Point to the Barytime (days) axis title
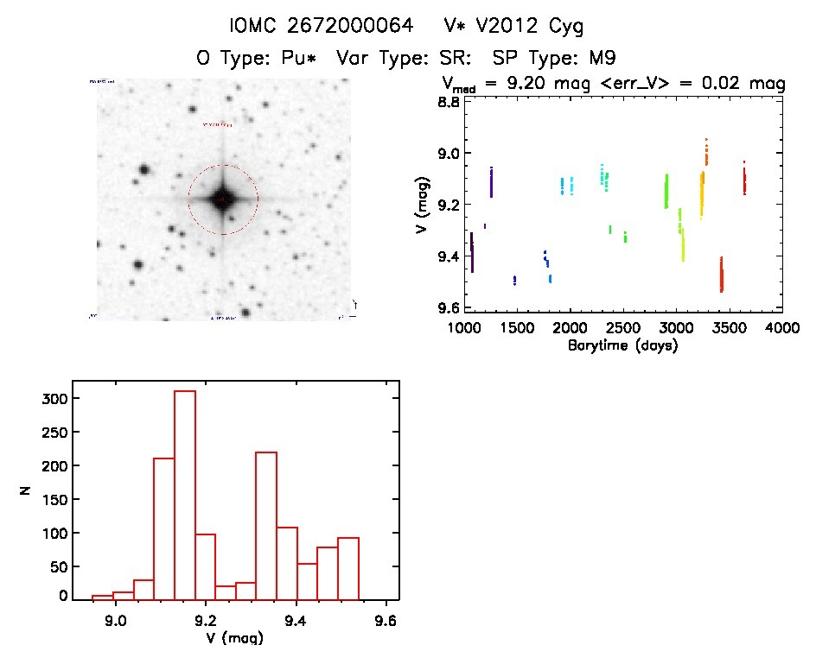(622, 345)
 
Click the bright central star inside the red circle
(222, 199)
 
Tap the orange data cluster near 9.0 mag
(706, 152)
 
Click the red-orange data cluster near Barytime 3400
(721, 275)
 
